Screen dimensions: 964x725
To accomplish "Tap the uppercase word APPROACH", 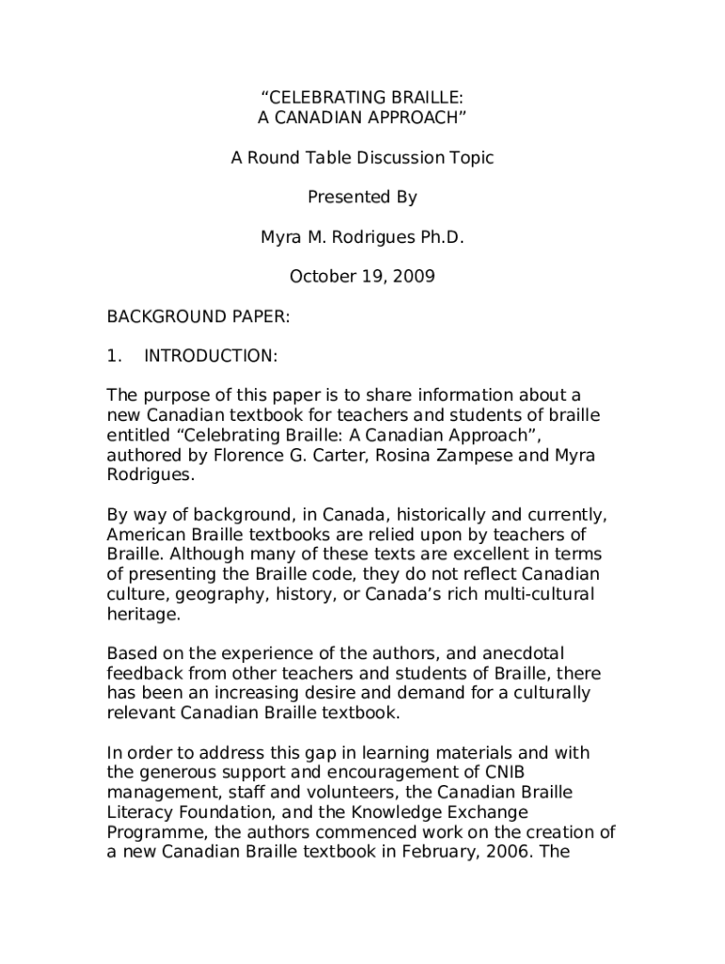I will pos(410,118).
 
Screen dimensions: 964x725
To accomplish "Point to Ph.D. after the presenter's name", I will pos(442,238).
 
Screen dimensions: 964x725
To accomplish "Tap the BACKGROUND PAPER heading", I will pos(198,317).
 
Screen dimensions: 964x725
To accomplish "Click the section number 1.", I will pos(113,357).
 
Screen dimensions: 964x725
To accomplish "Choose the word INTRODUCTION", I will pos(209,357).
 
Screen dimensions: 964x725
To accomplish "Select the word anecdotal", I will pos(531,653).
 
